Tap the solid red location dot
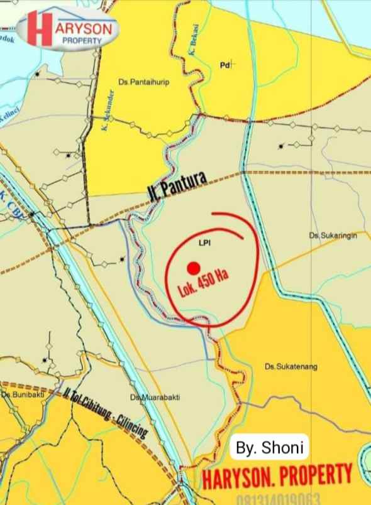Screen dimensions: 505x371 coord(194,267)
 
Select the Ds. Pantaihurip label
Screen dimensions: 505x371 coord(144,82)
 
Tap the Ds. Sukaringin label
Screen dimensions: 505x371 coord(333,235)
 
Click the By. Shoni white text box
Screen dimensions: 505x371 coord(270,448)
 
